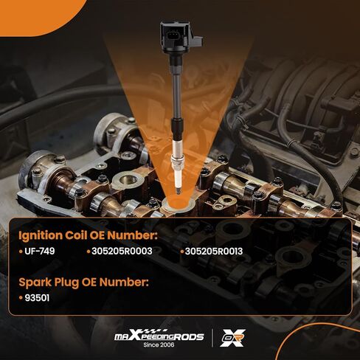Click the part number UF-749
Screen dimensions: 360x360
[40, 252]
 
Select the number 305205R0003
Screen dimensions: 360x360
[122, 252]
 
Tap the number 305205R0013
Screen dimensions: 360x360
[214, 252]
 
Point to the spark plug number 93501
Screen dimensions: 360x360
[37, 298]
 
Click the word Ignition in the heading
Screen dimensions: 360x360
[41, 236]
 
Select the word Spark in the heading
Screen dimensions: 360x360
[35, 283]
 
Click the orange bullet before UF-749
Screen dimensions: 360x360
[21, 252]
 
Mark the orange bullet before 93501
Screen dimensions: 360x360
[21, 298]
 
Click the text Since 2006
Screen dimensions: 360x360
[159, 345]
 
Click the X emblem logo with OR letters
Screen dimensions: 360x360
[232, 338]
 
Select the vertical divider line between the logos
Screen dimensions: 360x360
[212, 338]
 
